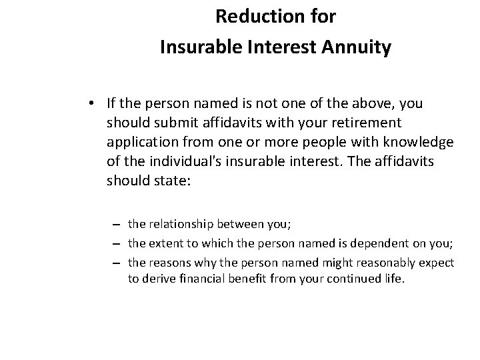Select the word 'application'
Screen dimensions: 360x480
[x=140, y=143]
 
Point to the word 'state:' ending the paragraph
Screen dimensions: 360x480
[x=174, y=181]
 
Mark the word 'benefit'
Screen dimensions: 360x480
[x=230, y=279]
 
